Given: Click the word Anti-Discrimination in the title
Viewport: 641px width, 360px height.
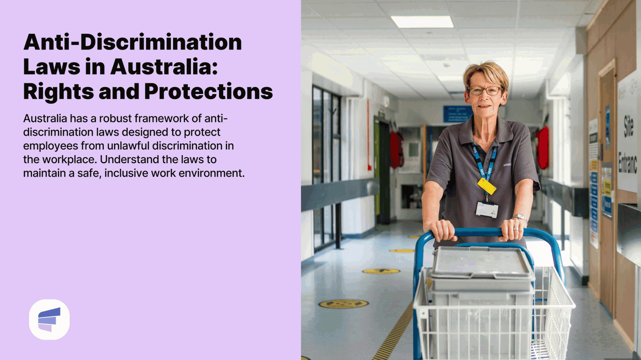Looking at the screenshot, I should click(132, 43).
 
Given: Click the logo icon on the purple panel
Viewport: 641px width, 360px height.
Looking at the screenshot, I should click(49, 319).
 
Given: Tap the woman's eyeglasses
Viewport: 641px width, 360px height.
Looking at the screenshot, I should click(485, 90).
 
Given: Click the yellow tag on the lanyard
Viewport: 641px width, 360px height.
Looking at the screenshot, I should click(487, 186).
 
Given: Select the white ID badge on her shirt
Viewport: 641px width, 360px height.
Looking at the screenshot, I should click(487, 209).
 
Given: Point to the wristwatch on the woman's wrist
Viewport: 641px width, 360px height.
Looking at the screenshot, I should click(519, 217).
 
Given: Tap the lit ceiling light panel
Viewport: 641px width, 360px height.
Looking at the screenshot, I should click(422, 22).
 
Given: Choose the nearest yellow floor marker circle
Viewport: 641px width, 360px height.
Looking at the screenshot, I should click(343, 304).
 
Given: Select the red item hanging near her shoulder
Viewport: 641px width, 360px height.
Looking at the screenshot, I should click(542, 148).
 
